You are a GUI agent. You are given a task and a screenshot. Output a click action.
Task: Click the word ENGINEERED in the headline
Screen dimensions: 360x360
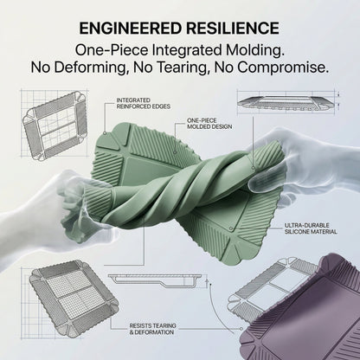click(x=131, y=29)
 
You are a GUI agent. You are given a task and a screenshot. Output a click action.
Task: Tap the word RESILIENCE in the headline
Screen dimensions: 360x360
click(x=233, y=29)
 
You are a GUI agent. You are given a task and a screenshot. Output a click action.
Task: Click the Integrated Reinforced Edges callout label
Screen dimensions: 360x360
click(x=143, y=103)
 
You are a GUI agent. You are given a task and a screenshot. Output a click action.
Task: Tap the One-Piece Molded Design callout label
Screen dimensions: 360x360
click(x=209, y=124)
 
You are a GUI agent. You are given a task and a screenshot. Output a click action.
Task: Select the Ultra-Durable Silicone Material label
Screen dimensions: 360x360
click(x=311, y=228)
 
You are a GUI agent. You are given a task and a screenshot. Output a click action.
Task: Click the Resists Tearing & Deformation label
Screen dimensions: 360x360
click(x=152, y=329)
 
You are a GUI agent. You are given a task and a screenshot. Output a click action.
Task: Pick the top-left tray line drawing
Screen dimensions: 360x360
click(x=55, y=125)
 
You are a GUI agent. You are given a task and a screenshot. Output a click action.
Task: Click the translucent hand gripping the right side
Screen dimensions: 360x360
click(x=300, y=164)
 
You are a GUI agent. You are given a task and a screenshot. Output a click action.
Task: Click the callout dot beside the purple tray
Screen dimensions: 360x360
click(x=241, y=329)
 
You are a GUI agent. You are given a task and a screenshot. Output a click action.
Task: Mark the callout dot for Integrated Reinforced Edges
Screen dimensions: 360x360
click(x=105, y=133)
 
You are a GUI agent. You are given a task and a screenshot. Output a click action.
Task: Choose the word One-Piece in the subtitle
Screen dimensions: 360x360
click(x=112, y=50)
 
